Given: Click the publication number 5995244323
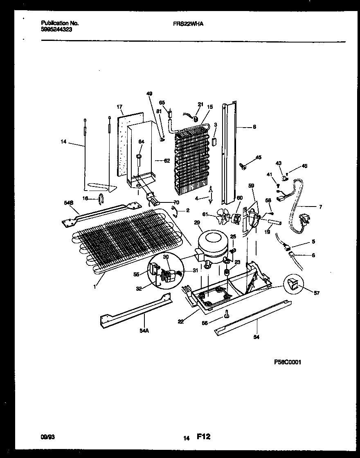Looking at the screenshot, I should [57, 30].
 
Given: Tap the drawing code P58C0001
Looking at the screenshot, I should [288, 362].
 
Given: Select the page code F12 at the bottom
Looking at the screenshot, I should [204, 437].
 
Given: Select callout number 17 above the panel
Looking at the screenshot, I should [119, 107].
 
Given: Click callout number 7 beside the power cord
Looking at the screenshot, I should [320, 207].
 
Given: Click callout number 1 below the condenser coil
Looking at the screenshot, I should [94, 287].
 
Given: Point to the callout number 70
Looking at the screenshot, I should [176, 202].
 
